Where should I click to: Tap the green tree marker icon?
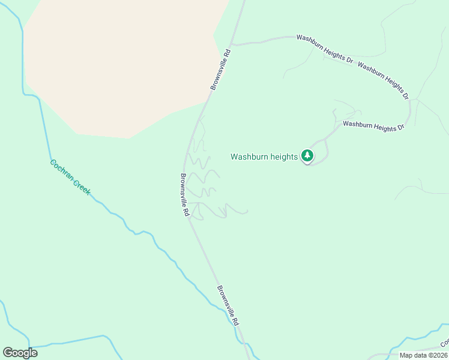tap(307, 156)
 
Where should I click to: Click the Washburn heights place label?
tap(264, 157)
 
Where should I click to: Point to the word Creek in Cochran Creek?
tap(82, 187)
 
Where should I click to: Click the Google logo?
tap(20, 353)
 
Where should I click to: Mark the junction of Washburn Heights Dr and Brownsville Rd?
tap(233, 45)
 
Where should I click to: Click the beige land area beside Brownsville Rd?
tap(120, 66)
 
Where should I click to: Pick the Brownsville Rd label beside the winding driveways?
tap(185, 196)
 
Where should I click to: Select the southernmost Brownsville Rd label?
tap(229, 305)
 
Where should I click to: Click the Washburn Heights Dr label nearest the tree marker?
tap(373, 126)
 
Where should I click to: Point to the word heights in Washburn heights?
tap(284, 157)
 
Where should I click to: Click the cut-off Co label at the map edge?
tap(444, 344)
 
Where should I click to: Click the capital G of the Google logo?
tap(8, 353)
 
